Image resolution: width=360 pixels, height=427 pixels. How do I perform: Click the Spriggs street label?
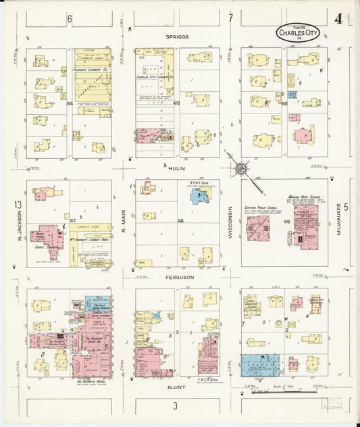click(179, 36)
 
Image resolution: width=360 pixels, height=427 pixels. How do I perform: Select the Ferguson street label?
click(178, 277)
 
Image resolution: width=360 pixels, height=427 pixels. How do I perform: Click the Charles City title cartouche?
click(298, 32)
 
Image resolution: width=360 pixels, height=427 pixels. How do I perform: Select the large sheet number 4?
click(338, 18)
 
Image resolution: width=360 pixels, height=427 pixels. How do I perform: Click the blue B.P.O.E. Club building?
click(200, 197)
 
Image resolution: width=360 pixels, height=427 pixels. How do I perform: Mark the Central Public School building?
click(257, 227)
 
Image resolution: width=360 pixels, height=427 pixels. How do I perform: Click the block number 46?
click(180, 222)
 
